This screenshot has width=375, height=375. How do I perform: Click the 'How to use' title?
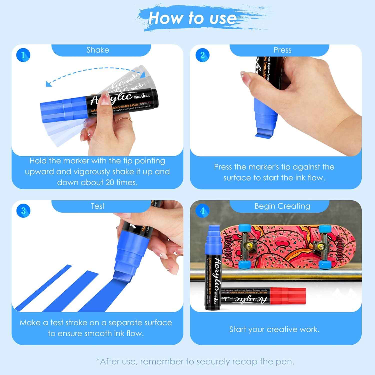(x=192, y=18)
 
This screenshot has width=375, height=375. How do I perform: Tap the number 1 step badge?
(x=23, y=55)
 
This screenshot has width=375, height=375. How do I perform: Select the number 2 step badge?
(x=202, y=55)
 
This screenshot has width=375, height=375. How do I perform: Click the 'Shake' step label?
(x=98, y=50)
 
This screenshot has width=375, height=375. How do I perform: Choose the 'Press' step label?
(x=282, y=50)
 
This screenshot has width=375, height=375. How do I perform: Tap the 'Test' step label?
(x=98, y=206)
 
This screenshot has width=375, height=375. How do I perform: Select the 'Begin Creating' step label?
(x=282, y=206)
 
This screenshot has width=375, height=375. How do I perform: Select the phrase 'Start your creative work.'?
(x=274, y=329)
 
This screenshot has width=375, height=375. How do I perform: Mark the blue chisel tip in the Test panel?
(x=122, y=277)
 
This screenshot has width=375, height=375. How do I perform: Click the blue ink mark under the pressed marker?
(x=264, y=135)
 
